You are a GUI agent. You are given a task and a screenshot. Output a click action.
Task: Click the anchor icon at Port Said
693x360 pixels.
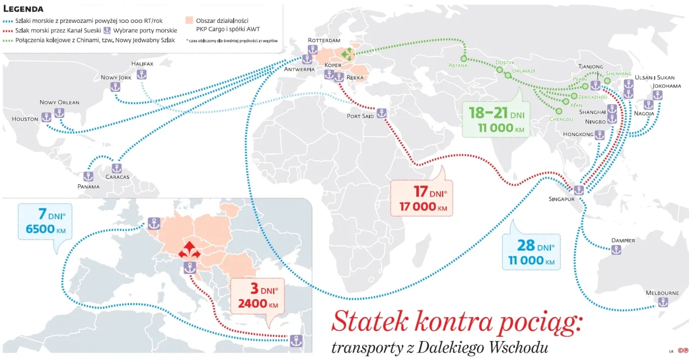[x=381, y=113]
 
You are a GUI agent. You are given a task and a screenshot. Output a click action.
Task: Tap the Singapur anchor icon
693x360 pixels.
[x=579, y=190]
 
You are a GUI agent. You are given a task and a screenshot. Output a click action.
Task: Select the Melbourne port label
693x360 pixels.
[x=662, y=293]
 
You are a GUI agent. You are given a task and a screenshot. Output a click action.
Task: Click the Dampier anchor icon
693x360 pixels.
[x=616, y=250]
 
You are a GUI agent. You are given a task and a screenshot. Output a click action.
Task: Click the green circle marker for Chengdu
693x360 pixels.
[x=559, y=111]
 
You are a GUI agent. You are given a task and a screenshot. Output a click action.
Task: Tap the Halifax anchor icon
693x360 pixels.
[x=142, y=74]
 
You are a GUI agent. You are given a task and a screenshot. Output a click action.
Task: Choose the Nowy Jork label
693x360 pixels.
[x=116, y=78]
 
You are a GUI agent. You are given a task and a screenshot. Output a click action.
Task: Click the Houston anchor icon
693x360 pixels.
[x=46, y=117]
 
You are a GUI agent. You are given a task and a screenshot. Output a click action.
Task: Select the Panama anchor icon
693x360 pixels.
[x=89, y=176]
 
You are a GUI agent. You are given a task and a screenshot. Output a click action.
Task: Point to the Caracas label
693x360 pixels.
[x=117, y=177]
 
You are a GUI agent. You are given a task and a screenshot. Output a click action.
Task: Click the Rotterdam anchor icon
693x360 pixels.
[x=312, y=50]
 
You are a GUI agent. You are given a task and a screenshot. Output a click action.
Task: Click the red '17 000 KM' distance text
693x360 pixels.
[x=423, y=206]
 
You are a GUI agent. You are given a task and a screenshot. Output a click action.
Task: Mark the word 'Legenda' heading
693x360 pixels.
[x=23, y=8]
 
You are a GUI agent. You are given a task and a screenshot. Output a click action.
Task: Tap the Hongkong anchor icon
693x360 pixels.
[x=599, y=135]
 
